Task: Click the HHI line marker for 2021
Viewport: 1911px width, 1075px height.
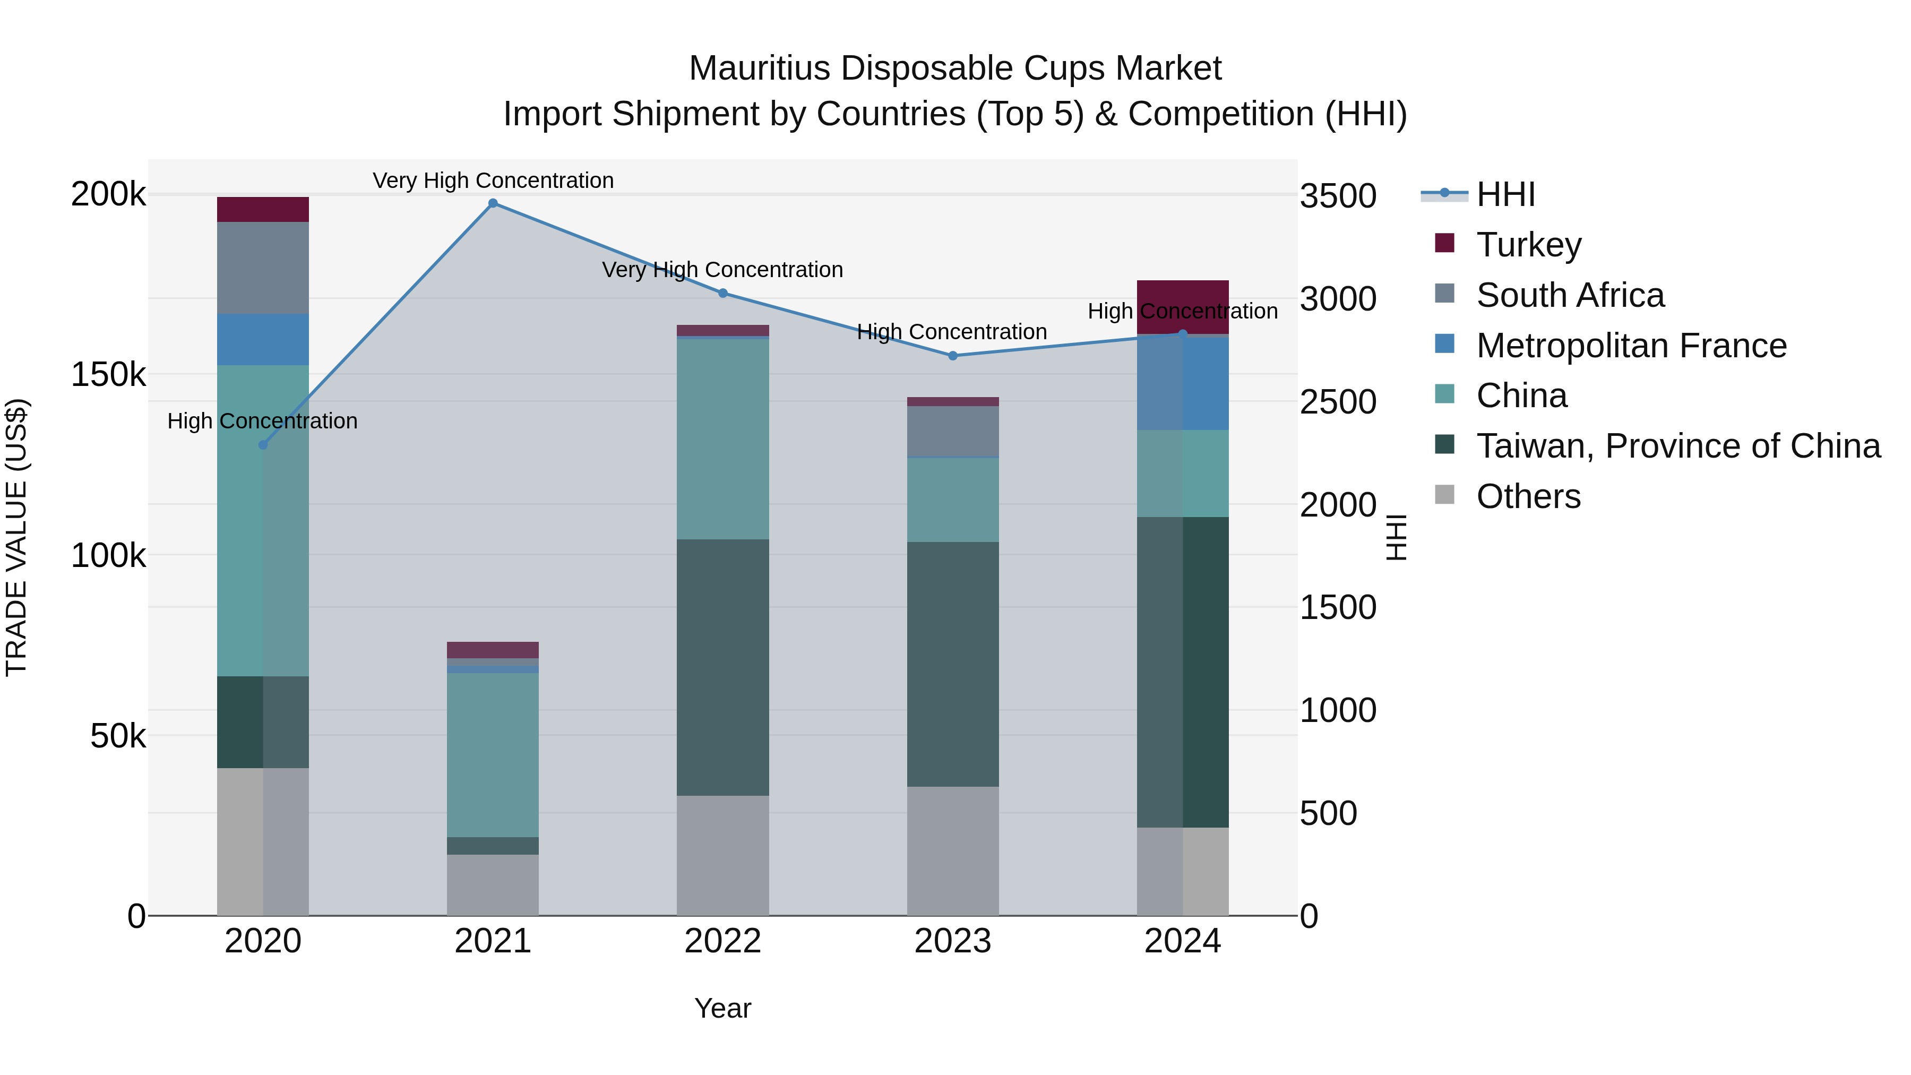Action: (493, 203)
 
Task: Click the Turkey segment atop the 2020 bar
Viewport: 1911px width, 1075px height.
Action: (263, 209)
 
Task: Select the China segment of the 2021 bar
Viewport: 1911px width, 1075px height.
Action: (493, 754)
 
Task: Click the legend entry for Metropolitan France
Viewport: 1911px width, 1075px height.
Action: (1631, 346)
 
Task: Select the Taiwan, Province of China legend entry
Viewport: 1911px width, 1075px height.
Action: (1678, 446)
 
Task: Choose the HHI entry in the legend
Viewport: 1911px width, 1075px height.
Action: (1505, 194)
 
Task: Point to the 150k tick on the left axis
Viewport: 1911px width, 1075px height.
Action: (108, 375)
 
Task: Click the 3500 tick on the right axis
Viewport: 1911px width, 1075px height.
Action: (1338, 196)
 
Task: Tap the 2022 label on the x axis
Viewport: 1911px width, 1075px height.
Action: (722, 941)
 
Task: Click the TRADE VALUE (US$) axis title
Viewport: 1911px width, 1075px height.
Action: (17, 537)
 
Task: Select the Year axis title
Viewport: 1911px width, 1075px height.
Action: (722, 1008)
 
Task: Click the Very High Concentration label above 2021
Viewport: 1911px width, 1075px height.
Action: (493, 180)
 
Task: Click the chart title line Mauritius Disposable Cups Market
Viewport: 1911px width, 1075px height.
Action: (955, 68)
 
